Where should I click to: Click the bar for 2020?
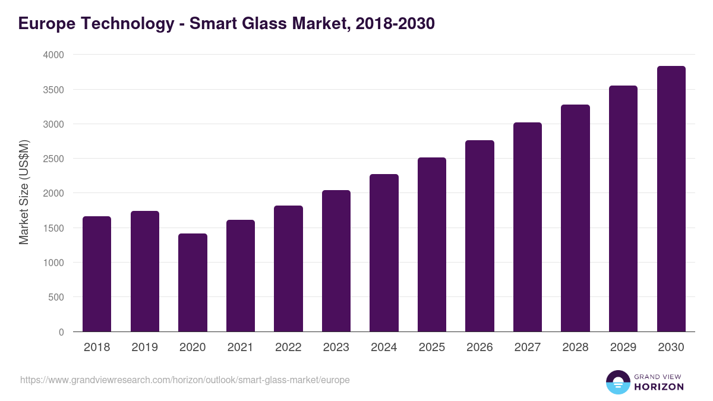point(193,283)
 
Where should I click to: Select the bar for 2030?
point(671,199)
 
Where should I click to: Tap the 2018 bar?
point(97,274)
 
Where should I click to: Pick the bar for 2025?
point(432,245)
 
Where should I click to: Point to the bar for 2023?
point(336,261)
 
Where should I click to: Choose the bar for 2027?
point(528,227)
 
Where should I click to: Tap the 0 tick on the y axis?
point(61,332)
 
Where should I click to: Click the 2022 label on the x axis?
point(288,348)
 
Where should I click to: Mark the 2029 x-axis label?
point(623,348)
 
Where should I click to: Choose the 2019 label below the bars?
point(144,348)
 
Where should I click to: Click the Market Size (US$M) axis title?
point(24,192)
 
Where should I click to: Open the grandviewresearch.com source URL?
point(185,380)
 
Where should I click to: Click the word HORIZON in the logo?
point(659,387)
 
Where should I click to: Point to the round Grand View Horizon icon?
point(617,382)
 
